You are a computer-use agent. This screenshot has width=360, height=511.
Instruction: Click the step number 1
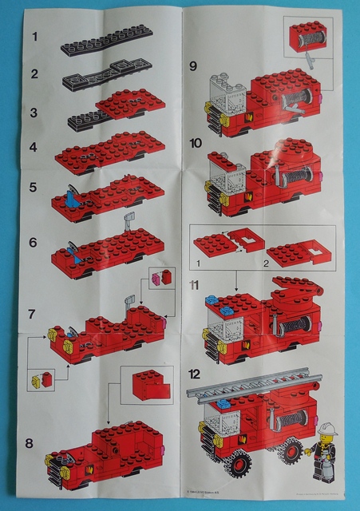click(34, 37)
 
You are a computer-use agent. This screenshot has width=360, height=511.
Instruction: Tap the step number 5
click(34, 188)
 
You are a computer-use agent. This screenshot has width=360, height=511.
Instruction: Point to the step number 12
click(196, 374)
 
